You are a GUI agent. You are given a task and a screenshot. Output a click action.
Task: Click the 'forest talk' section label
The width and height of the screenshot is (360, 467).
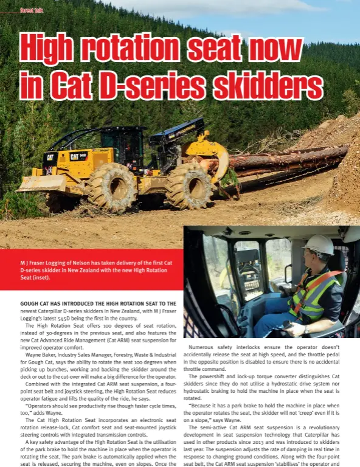31,10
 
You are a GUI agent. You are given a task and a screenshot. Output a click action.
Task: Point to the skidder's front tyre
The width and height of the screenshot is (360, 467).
111,187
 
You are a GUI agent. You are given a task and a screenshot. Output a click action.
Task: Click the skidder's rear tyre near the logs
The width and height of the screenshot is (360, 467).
190,185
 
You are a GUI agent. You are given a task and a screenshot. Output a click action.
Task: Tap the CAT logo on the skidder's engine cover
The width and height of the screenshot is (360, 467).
50,156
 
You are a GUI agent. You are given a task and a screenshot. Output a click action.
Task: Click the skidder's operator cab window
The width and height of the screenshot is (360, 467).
127,140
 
